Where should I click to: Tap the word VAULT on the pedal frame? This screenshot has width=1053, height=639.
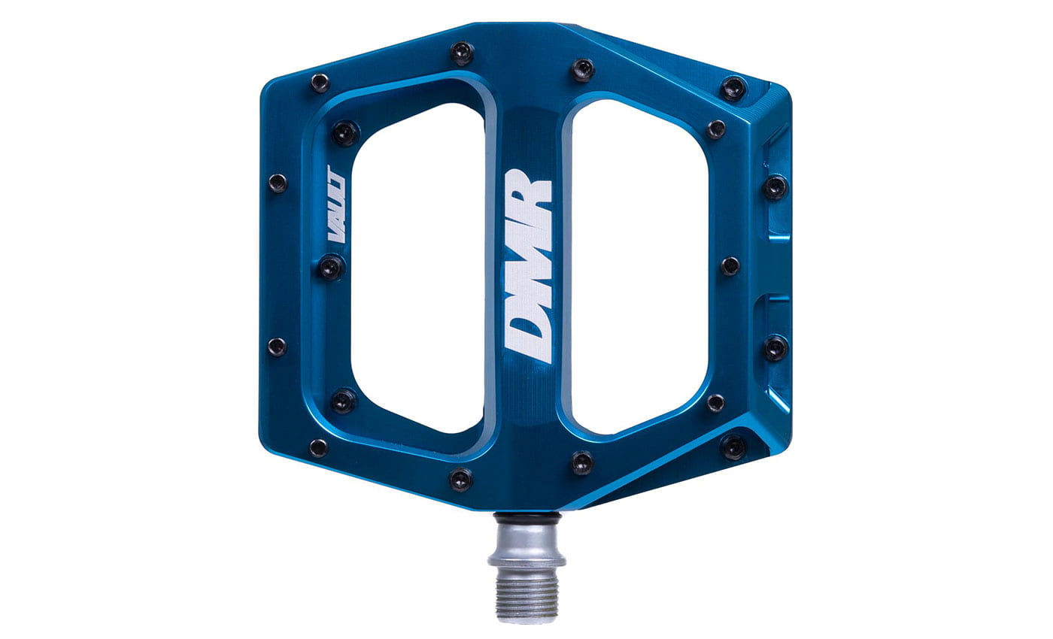point(336,204)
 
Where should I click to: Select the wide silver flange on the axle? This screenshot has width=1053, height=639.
point(526,560)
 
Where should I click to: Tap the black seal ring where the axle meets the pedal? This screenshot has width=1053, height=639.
point(526,516)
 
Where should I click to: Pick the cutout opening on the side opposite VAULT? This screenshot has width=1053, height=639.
point(639,267)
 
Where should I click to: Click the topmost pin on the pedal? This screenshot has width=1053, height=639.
point(462,52)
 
